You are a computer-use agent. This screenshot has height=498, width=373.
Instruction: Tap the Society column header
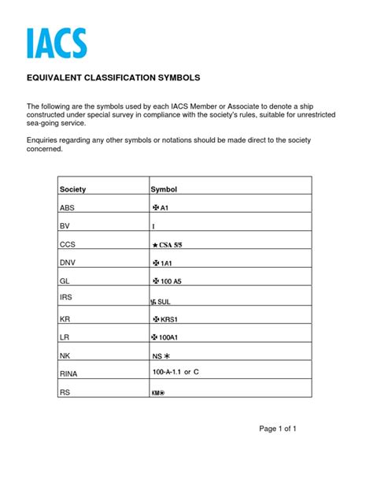[72, 190]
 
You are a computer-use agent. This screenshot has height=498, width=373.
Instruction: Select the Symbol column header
[164, 190]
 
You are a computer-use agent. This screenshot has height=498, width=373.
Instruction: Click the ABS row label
[68, 208]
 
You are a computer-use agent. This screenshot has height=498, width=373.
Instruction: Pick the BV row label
[65, 226]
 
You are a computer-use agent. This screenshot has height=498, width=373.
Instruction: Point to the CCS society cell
[68, 244]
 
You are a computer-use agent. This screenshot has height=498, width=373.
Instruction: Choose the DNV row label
[68, 262]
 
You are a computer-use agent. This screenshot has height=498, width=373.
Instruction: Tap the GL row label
[65, 281]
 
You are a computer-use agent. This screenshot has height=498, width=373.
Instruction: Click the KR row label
[65, 319]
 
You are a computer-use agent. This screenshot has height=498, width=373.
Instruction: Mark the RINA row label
[69, 373]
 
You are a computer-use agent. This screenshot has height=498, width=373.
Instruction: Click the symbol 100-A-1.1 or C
[176, 370]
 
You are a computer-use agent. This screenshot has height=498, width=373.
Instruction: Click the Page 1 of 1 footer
[277, 429]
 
